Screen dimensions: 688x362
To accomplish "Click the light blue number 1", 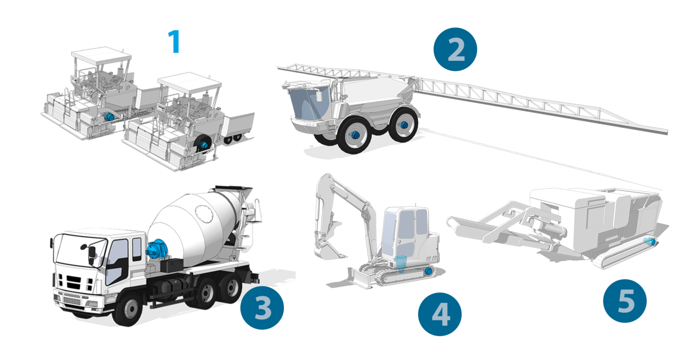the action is click(x=174, y=41).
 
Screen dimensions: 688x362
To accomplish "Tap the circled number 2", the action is click(x=455, y=50).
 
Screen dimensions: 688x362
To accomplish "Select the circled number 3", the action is click(x=262, y=307).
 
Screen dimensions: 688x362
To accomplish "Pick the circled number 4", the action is click(x=440, y=314).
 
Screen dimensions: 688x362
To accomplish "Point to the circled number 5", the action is click(x=625, y=301).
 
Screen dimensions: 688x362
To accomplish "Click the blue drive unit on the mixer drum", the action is click(x=157, y=249).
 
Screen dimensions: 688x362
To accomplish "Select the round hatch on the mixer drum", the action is click(x=204, y=214).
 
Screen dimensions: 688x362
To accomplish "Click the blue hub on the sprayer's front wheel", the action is click(x=355, y=135).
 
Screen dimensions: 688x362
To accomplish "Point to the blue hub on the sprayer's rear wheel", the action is click(x=403, y=125).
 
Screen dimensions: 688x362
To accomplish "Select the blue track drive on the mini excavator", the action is click(x=428, y=271).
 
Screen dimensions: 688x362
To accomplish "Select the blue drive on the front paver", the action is click(x=202, y=145).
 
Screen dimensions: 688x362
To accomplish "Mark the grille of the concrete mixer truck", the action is click(x=72, y=298).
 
